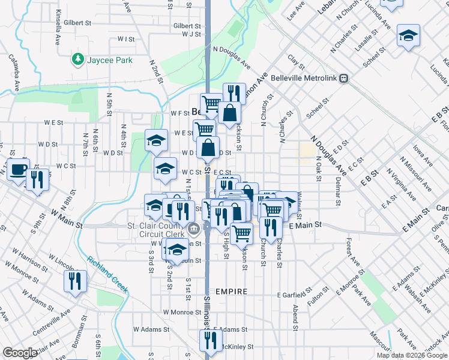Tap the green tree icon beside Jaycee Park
[x=77, y=59]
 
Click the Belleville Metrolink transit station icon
[x=344, y=78]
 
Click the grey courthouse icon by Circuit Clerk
[x=193, y=229]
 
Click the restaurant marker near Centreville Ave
[x=75, y=280]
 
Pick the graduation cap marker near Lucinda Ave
[x=408, y=35]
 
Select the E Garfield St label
[x=293, y=295]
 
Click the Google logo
[x=20, y=353]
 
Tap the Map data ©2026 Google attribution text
[x=411, y=355]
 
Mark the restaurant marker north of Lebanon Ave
[x=234, y=93]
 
